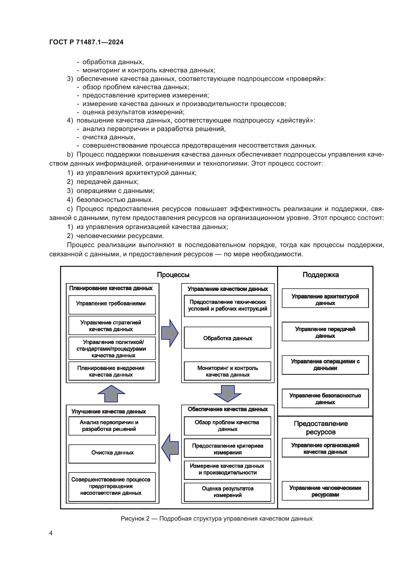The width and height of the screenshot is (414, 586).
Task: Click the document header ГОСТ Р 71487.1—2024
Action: [x=86, y=42]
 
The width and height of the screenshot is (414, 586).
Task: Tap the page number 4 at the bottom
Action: [x=51, y=533]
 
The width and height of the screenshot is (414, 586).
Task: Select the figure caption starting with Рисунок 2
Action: [x=217, y=518]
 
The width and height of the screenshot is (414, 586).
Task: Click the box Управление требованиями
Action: [x=112, y=304]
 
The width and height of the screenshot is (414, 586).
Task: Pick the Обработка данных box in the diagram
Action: [x=227, y=338]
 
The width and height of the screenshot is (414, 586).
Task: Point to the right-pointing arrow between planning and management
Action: [x=170, y=333]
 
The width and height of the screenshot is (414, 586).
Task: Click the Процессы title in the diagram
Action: [x=173, y=275]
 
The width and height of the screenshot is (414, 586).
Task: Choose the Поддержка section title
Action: [x=320, y=275]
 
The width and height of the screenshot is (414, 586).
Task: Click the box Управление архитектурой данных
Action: [x=325, y=298]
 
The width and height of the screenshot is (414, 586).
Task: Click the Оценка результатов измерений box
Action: [x=227, y=492]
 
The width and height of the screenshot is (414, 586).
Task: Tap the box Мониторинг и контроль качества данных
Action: [x=227, y=371]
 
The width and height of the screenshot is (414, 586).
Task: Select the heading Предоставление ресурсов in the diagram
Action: [x=320, y=428]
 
